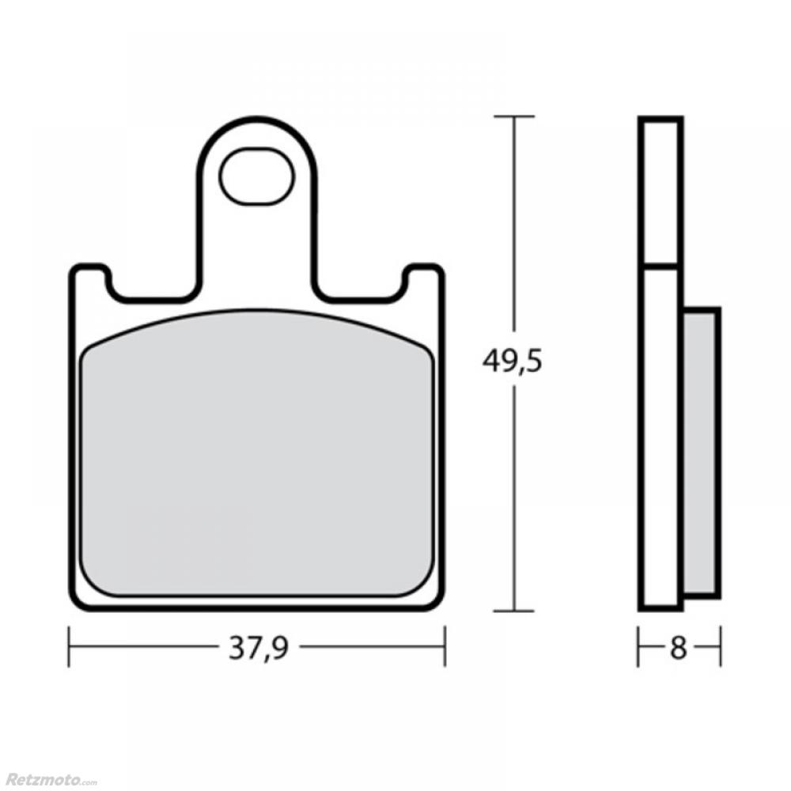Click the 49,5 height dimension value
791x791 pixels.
(512, 361)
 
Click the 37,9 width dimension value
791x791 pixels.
(259, 647)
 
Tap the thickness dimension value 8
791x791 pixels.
(679, 647)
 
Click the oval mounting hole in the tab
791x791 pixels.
(256, 176)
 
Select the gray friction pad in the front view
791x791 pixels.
(257, 453)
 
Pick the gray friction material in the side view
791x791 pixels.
(701, 452)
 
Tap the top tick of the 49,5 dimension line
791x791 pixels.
(513, 116)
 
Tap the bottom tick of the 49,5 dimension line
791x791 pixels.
(513, 611)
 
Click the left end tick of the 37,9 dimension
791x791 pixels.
(69, 647)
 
